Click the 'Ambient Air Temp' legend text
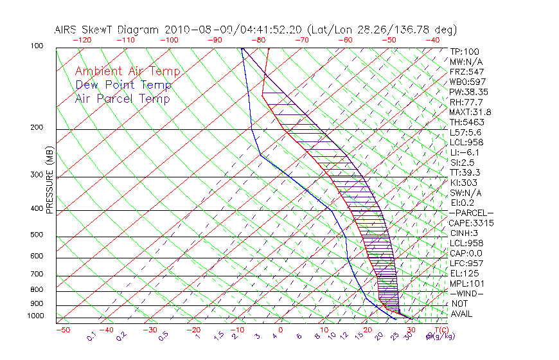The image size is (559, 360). click(x=127, y=71)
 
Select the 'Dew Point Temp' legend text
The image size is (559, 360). click(x=123, y=85)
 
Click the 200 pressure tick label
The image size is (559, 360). click(x=37, y=128)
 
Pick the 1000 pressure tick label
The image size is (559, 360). click(x=35, y=316)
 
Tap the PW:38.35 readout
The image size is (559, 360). click(x=469, y=92)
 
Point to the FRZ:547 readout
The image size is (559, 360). click(x=467, y=71)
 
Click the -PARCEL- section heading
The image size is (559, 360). click(x=471, y=213)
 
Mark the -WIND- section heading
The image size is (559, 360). click(x=467, y=293)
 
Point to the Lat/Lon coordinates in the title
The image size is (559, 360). click(x=382, y=30)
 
